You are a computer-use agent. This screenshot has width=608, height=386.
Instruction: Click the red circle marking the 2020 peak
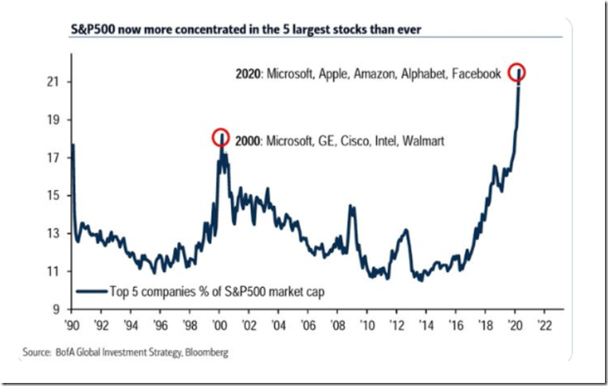click(x=518, y=72)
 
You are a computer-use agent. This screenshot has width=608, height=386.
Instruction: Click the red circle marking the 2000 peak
click(x=220, y=137)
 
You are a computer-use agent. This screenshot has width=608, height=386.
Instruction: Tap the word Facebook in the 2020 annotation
click(x=476, y=74)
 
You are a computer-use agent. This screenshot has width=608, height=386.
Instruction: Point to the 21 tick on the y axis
click(x=55, y=82)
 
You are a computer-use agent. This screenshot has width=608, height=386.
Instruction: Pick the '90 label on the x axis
click(x=71, y=323)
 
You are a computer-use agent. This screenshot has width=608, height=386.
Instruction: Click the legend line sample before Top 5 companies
click(x=90, y=290)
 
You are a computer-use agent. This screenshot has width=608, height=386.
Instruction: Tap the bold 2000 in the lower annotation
click(x=246, y=141)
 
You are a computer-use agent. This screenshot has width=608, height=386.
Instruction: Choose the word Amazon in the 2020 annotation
click(x=375, y=74)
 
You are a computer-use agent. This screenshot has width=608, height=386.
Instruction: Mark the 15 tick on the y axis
click(x=55, y=195)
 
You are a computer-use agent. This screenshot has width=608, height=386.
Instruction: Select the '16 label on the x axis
click(x=454, y=323)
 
